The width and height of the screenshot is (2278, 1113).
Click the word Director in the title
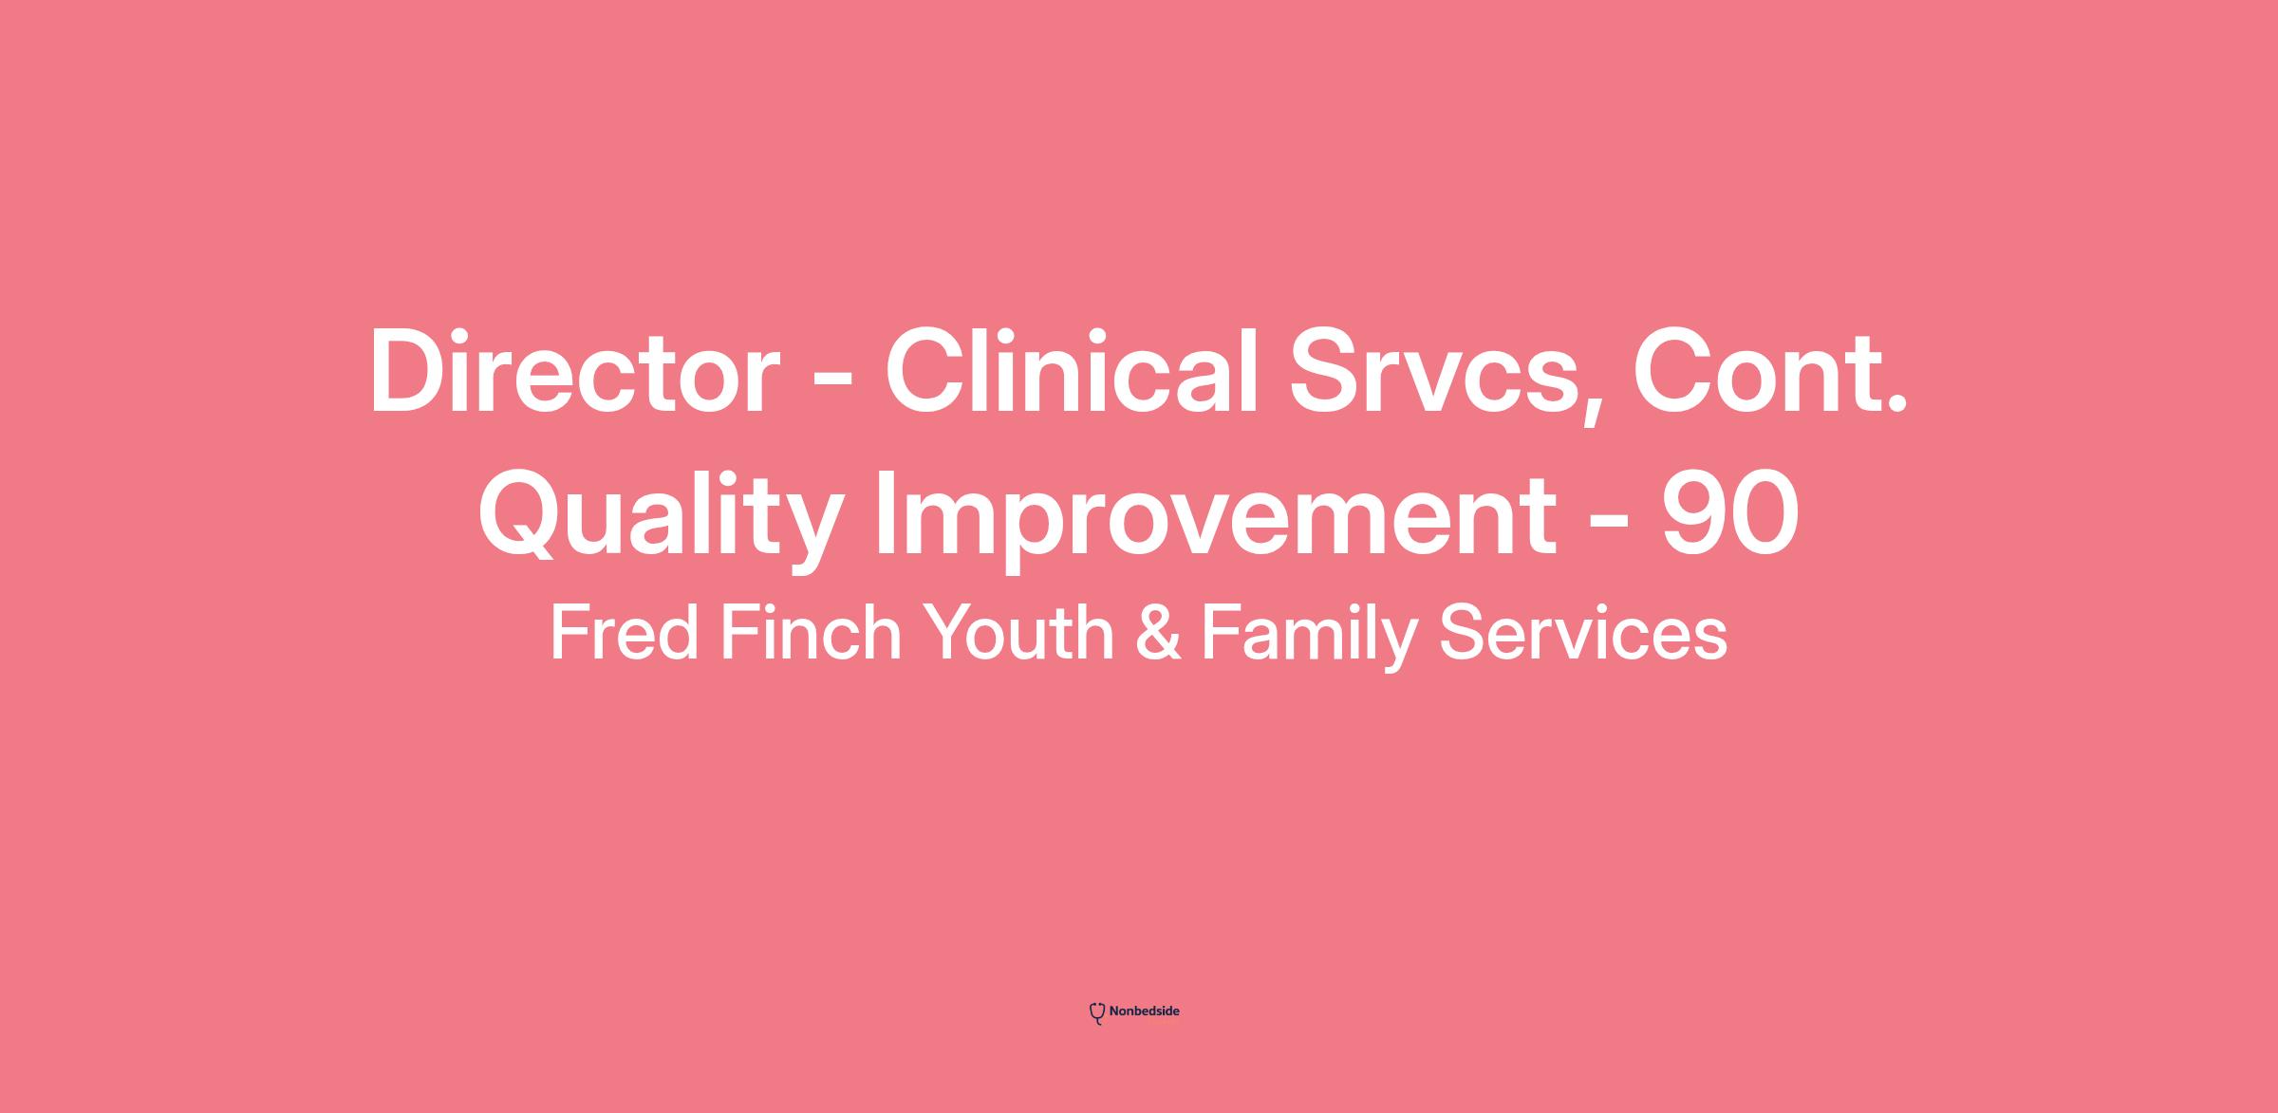[574, 371]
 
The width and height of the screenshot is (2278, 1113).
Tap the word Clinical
[1073, 371]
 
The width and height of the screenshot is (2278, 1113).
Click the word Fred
[625, 633]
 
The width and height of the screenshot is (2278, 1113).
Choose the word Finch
[811, 633]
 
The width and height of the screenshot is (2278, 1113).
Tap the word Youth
[1018, 633]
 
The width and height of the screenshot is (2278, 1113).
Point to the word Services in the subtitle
[1583, 633]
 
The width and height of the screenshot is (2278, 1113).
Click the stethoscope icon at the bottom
[1097, 1013]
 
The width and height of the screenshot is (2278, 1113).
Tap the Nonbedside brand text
[1145, 1011]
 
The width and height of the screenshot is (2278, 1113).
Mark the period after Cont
[1897, 406]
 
